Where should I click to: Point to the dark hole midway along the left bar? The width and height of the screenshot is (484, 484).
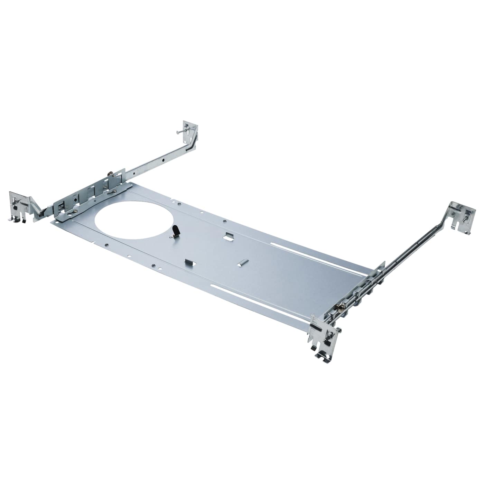pyautogui.click(x=162, y=160)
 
